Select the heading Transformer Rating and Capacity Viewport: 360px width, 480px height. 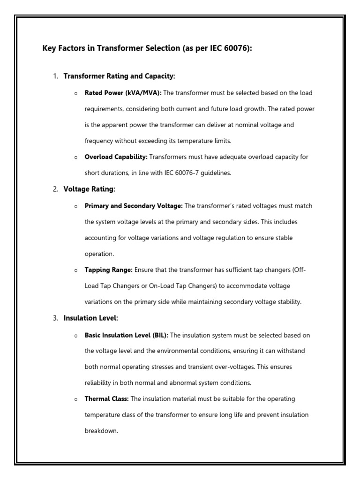[x=119, y=76]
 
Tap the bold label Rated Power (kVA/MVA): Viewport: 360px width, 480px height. [x=123, y=93]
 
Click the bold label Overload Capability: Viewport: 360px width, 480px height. [x=116, y=157]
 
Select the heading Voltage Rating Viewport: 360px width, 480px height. [x=89, y=189]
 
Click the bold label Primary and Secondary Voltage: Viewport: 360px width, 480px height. [x=134, y=206]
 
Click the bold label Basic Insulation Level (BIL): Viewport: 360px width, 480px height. [x=126, y=335]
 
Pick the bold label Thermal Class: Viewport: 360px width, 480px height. [x=106, y=399]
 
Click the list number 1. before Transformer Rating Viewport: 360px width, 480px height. [x=55, y=76]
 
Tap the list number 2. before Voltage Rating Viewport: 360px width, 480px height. [x=55, y=189]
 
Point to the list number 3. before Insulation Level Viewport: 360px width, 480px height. [x=55, y=318]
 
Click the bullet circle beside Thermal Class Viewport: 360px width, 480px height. [x=76, y=399]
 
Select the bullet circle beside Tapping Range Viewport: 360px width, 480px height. [x=76, y=270]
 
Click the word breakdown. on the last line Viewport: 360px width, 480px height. [x=101, y=431]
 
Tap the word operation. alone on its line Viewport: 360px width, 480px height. [x=99, y=254]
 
